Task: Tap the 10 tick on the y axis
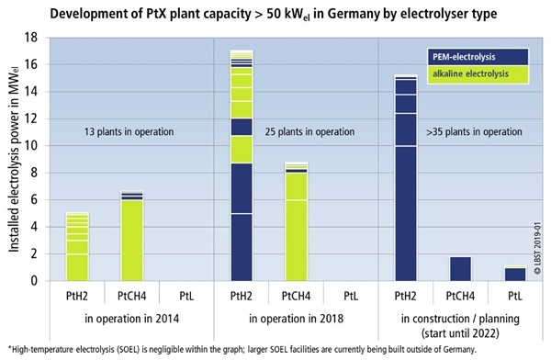pyautogui.click(x=31, y=146)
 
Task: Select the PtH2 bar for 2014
pyautogui.click(x=77, y=247)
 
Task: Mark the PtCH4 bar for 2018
pyautogui.click(x=296, y=221)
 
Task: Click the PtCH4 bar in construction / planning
pyautogui.click(x=459, y=268)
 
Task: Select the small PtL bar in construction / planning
pyautogui.click(x=514, y=274)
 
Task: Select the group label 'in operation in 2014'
pyautogui.click(x=130, y=321)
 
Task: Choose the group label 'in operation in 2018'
pyautogui.click(x=295, y=321)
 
